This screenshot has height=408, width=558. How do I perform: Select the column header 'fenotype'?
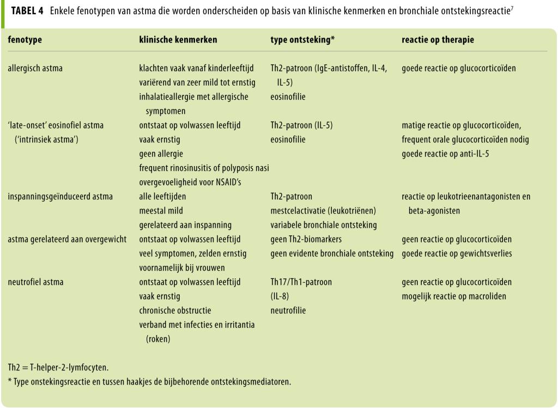[25, 40]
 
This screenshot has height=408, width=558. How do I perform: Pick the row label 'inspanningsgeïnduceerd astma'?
[60, 197]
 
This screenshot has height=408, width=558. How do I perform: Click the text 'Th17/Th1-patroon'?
[301, 282]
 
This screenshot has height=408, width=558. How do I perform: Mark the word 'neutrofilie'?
[288, 310]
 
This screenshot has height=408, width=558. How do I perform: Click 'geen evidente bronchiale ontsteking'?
[332, 253]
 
